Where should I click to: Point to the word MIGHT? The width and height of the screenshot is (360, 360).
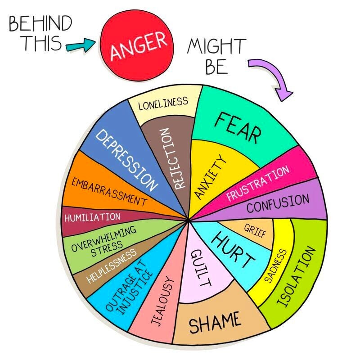pyautogui.click(x=217, y=46)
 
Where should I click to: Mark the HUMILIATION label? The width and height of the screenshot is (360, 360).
pyautogui.click(x=92, y=217)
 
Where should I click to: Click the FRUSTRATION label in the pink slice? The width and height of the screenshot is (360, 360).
pyautogui.click(x=258, y=184)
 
